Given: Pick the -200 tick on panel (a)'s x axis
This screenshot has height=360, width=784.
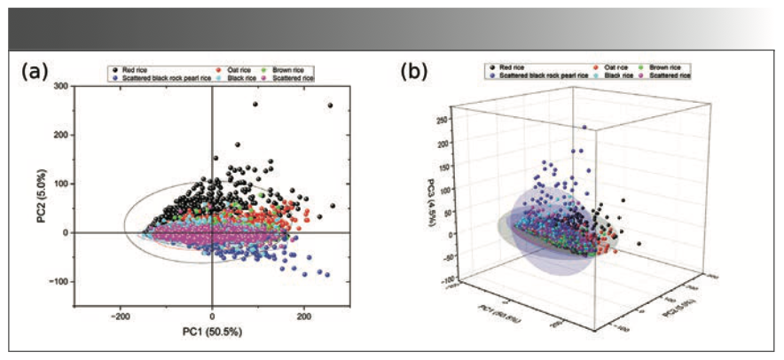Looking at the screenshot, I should click(x=120, y=316).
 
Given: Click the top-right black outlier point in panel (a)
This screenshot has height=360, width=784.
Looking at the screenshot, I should click(x=331, y=106).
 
